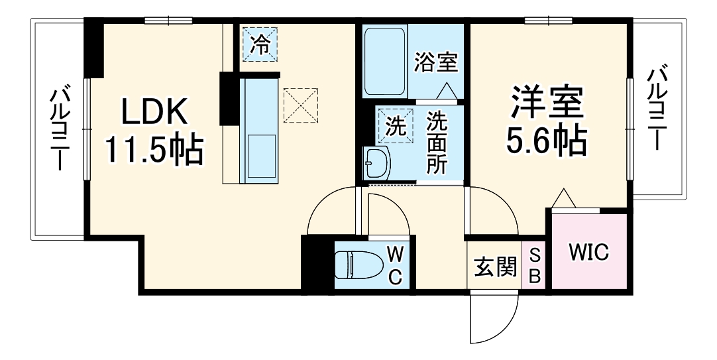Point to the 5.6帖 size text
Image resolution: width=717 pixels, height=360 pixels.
(546, 140)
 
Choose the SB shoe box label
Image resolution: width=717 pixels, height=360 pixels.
(535, 267)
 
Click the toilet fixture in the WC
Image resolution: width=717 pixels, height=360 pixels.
(357, 266)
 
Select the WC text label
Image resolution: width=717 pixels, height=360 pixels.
(395, 265)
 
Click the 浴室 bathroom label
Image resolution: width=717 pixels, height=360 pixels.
(436, 62)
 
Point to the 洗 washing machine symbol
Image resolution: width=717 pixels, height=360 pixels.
(394, 126)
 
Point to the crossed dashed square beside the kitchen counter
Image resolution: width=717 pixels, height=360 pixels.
(299, 105)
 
